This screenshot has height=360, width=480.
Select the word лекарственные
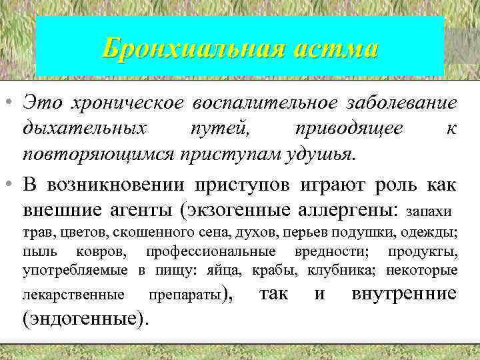tap(73, 295)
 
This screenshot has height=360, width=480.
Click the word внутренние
tap(403, 293)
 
